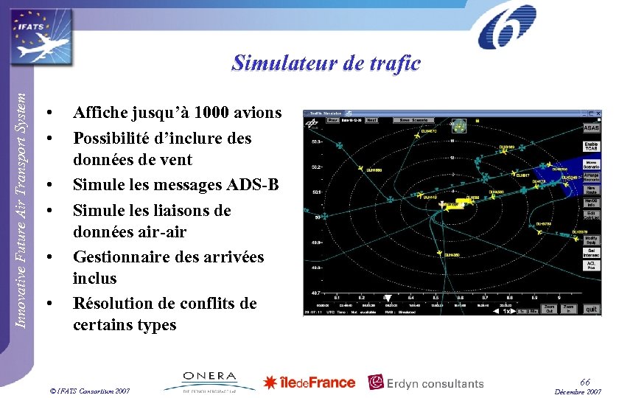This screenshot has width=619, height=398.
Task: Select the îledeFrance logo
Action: point(309,382)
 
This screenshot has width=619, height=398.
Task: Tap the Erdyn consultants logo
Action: point(426,383)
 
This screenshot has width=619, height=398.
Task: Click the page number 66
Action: point(584,382)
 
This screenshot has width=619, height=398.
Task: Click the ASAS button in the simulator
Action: point(592,128)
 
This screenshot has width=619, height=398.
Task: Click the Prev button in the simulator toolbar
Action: point(333,119)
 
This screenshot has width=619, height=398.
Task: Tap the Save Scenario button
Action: point(415,119)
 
